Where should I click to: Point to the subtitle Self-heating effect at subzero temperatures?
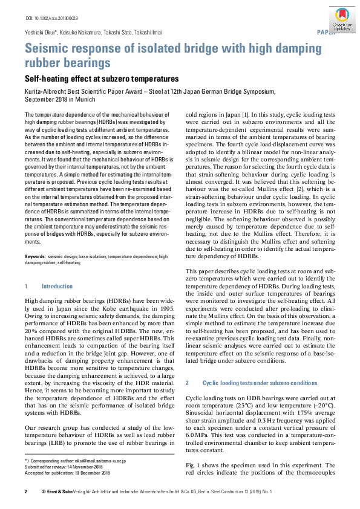click(101, 79)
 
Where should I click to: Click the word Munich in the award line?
click(85, 98)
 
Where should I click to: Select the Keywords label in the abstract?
click(35, 256)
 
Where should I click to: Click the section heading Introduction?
click(57, 286)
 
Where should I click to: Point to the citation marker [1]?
click(245, 114)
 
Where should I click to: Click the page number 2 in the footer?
click(25, 493)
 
